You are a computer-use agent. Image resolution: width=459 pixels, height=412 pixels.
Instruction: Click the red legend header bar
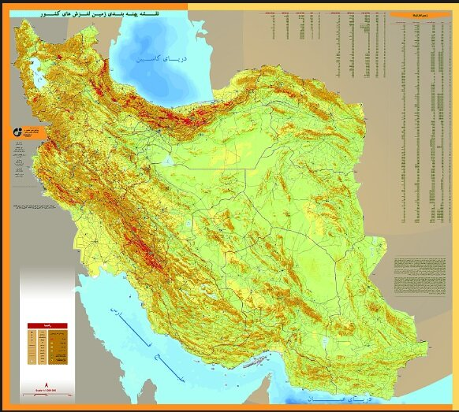click(48, 324)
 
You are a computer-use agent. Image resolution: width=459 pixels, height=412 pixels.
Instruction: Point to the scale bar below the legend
click(48, 388)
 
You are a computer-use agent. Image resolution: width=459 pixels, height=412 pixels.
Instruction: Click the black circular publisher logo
click(17, 132)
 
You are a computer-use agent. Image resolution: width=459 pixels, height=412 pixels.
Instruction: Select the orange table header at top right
click(410, 15)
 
